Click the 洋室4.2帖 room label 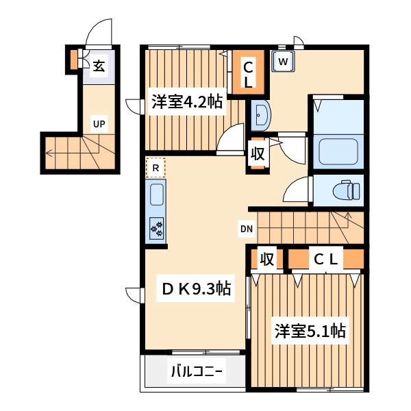[x=186, y=103]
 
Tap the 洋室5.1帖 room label [x=310, y=332]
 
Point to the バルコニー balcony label [x=197, y=373]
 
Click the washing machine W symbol [x=283, y=62]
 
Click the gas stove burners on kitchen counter [x=157, y=228]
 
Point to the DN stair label [x=246, y=228]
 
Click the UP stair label [x=99, y=124]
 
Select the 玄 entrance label [x=99, y=66]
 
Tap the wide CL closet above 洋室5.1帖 [x=326, y=259]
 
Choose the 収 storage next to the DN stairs [x=267, y=259]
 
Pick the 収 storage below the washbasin [x=257, y=153]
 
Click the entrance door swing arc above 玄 [x=98, y=33]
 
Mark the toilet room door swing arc [x=296, y=189]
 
